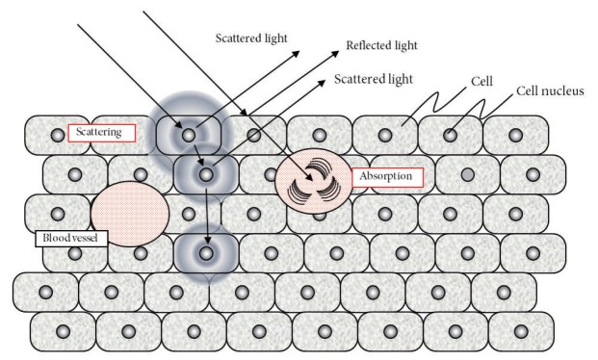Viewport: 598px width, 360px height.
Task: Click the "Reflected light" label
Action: [381, 45]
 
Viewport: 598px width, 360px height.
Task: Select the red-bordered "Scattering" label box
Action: [102, 133]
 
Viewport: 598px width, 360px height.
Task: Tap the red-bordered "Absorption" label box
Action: [387, 177]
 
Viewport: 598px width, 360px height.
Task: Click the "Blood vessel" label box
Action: [71, 239]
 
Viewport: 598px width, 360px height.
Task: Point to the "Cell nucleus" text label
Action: [550, 90]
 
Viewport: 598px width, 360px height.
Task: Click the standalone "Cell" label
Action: [481, 81]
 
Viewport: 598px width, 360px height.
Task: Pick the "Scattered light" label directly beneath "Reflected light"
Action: [374, 79]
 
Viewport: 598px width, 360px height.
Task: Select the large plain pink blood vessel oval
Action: [130, 214]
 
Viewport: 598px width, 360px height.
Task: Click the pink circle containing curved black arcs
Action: [313, 181]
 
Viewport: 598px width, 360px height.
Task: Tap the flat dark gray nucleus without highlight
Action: [468, 175]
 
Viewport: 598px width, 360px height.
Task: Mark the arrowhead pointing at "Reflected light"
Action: [335, 53]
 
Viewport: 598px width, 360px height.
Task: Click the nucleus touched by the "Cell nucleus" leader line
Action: [450, 135]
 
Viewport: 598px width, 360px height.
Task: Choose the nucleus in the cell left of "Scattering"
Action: [58, 135]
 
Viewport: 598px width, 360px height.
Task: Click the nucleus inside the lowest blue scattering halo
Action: [206, 253]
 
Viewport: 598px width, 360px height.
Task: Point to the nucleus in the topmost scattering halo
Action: [189, 135]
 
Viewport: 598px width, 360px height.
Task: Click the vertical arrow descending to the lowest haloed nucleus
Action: [207, 216]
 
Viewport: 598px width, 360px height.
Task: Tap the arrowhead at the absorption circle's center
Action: [309, 177]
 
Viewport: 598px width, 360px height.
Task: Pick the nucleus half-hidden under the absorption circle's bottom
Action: [320, 217]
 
